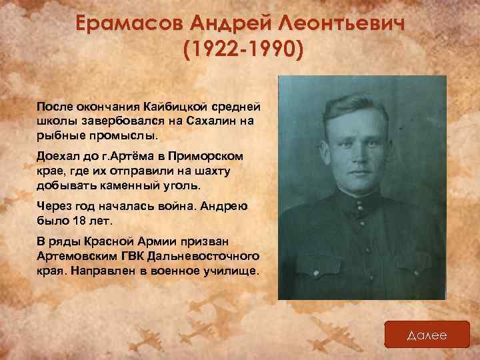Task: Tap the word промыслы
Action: (x=120, y=135)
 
